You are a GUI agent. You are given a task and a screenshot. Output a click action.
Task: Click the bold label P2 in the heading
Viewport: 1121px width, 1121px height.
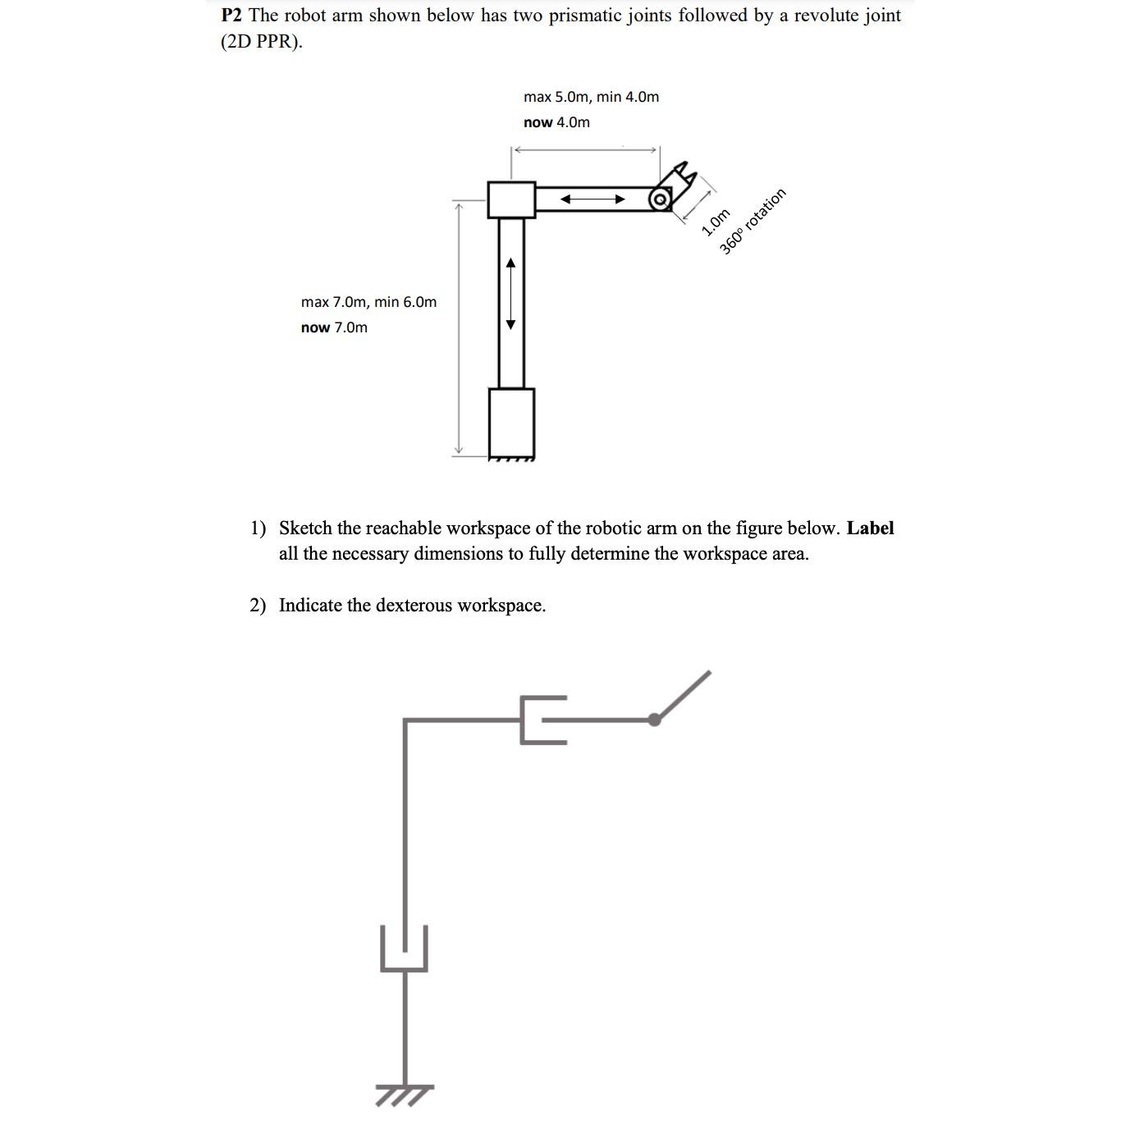[x=232, y=16]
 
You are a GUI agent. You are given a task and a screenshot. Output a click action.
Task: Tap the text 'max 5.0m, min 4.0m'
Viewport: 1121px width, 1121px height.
[x=591, y=97]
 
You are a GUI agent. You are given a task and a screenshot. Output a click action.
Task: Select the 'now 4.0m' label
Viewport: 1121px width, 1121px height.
[x=556, y=122]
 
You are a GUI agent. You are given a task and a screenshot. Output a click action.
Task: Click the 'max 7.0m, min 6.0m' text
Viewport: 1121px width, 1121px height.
[x=368, y=302]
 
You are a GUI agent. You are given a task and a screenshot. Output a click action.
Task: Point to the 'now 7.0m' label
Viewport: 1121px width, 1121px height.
[x=334, y=327]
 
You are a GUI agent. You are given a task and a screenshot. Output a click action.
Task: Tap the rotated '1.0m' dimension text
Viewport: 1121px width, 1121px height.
[x=716, y=222]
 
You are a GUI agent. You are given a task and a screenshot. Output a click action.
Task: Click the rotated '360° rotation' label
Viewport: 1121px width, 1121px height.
[x=753, y=221]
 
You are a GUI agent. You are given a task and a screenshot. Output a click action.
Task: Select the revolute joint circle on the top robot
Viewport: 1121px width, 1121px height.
[x=659, y=199]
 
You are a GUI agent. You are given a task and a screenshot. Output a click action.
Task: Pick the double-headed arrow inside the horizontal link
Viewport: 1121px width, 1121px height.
[x=593, y=199]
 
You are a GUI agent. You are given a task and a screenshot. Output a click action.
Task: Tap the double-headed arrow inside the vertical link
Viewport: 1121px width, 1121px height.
[x=510, y=293]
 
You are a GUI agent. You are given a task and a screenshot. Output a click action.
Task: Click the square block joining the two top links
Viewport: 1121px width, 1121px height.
[x=511, y=199]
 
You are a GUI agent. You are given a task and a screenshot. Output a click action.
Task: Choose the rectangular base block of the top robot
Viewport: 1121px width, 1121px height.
[x=511, y=423]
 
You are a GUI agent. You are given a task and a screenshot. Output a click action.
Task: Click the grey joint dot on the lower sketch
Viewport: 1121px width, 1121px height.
[x=654, y=721]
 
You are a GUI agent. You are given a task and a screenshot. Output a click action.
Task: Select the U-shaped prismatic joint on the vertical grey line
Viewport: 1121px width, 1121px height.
[x=405, y=952]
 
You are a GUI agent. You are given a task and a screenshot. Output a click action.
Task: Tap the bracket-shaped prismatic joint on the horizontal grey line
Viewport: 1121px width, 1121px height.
[x=542, y=721]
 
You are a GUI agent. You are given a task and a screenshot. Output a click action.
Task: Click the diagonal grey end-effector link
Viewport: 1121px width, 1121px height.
[x=684, y=695]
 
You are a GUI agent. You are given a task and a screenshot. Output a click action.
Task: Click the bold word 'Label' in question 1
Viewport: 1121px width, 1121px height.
[x=870, y=528]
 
